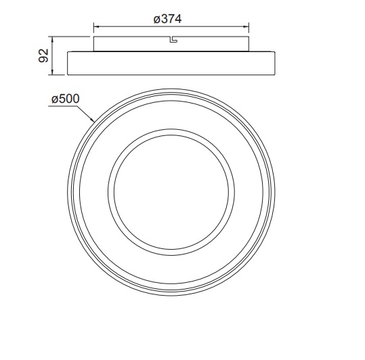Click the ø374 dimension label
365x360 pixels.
(x=167, y=19)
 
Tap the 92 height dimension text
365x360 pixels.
(x=43, y=55)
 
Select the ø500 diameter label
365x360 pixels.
(x=66, y=99)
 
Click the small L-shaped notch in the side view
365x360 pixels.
(x=173, y=39)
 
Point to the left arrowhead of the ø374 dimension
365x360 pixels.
(x=96, y=26)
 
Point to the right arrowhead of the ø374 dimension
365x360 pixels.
(x=246, y=26)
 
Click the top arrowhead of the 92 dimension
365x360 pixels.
(x=52, y=39)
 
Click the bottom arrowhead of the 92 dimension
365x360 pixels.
(x=52, y=72)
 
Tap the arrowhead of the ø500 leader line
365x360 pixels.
(x=92, y=119)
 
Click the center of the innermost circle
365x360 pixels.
(x=171, y=192)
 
